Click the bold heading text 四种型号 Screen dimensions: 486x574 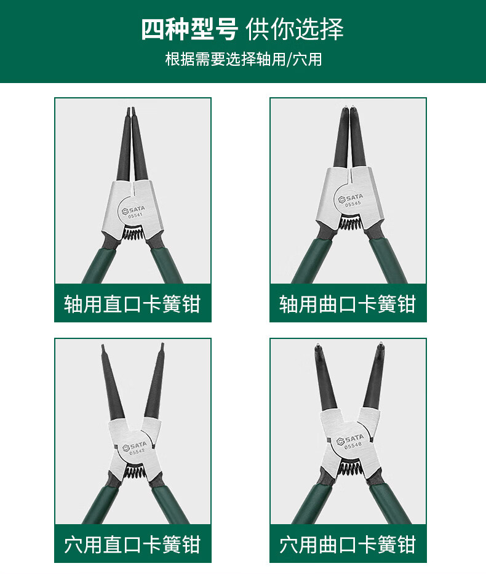coord(189,30)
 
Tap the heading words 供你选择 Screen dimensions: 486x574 coord(295,30)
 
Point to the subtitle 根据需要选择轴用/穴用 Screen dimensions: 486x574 coord(244,59)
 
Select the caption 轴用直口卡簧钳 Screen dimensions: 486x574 coord(132,304)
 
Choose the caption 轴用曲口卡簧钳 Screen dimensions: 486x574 coord(348,304)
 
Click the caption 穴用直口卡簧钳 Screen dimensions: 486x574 coord(132,544)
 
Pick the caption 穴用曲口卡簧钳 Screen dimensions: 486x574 coord(348,544)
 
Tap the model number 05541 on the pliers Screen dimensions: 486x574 coord(135,215)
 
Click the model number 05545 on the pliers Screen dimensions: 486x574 coord(353,204)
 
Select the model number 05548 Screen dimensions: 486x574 coord(353,445)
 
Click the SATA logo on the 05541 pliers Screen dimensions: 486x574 coord(133,210)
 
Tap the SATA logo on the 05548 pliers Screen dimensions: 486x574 coord(350,439)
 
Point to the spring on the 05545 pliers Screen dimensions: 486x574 coord(350,223)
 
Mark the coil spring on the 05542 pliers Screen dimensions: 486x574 coord(134,471)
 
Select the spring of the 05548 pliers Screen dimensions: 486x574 coord(350,468)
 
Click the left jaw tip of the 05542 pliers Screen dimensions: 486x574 coord(103,345)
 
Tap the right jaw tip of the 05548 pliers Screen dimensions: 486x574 coord(381,344)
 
